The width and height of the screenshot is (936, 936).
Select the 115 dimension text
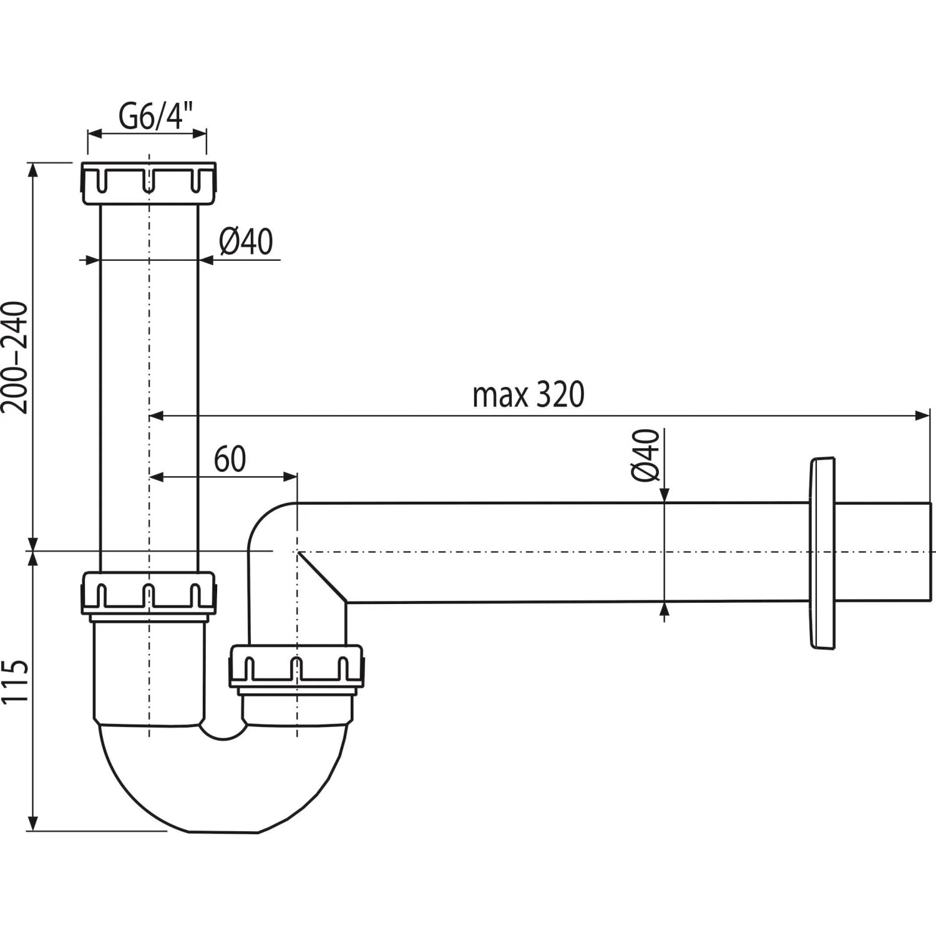[15, 681]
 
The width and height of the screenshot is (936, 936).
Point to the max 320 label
[528, 395]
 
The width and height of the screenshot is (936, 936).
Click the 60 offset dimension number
[230, 460]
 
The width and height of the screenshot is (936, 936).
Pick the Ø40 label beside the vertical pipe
[246, 241]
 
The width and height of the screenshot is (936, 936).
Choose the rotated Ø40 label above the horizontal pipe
[645, 455]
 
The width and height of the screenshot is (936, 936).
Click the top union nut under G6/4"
[149, 183]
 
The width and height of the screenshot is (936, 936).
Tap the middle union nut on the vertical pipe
[149, 597]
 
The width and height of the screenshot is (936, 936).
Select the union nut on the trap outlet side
[296, 667]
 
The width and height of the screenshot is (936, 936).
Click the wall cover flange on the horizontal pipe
[822, 553]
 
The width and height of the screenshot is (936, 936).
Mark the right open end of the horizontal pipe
[929, 552]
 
